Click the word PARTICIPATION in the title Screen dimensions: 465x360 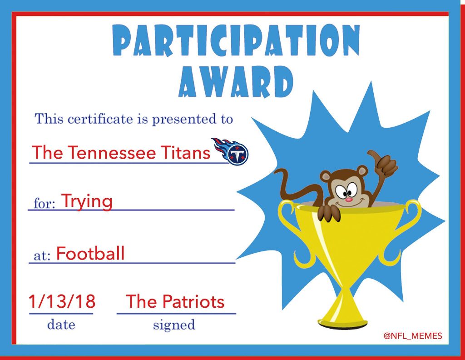pos(236,40)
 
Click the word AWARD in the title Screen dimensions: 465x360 pos(236,81)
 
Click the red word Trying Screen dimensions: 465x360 pos(87,202)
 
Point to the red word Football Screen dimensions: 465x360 pos(90,254)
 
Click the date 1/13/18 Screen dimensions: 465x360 pos(62,301)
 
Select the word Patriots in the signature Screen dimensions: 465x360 pos(193,301)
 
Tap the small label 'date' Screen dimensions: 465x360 pos(61,324)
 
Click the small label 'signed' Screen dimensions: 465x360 pos(174,325)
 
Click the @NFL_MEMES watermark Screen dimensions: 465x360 pos(413,336)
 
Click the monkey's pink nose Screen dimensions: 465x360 pos(349,199)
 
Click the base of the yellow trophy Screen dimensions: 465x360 pos(342,322)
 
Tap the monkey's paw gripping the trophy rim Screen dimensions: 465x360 pos(329,212)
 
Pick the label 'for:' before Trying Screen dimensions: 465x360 pos(44,203)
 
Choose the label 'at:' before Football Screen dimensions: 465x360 pos(42,255)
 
